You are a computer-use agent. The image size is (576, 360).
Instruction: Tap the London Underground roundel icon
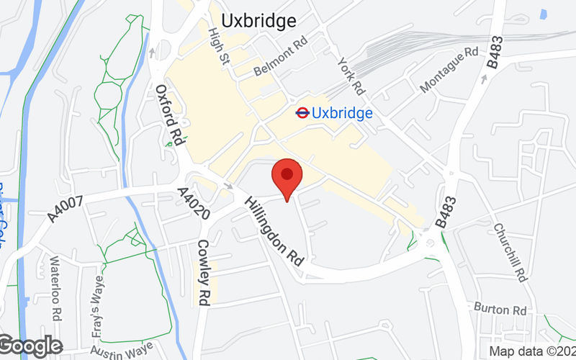tap(302, 112)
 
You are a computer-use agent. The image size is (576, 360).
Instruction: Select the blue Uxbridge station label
tap(343, 113)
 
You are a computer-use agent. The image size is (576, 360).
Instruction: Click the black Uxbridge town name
tap(258, 21)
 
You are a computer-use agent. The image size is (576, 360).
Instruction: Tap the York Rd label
tap(351, 77)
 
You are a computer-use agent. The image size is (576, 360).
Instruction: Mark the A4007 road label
tap(68, 205)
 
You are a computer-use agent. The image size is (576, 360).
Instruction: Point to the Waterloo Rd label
tap(55, 282)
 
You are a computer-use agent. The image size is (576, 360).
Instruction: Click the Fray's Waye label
tap(98, 292)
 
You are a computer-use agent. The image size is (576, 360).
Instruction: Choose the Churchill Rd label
tap(511, 252)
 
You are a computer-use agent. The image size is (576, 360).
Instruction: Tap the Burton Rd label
tap(500, 308)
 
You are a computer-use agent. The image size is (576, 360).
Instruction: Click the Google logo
tap(31, 346)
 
